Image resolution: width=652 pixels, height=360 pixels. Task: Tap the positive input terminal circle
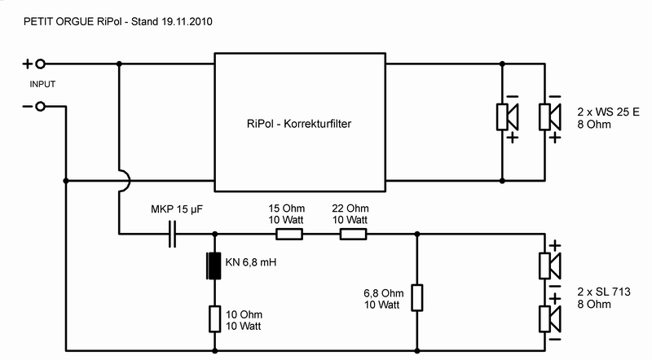[38, 64]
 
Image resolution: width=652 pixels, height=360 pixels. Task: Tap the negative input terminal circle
[38, 108]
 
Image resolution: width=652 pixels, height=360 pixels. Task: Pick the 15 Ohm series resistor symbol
[289, 235]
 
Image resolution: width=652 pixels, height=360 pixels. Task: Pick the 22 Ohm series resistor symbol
[353, 235]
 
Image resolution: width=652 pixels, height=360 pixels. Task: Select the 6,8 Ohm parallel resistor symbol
[417, 297]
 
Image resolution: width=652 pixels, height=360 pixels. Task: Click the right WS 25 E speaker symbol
[550, 118]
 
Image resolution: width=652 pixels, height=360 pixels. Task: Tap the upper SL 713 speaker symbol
[550, 266]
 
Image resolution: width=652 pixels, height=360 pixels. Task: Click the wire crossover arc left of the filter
[123, 181]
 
